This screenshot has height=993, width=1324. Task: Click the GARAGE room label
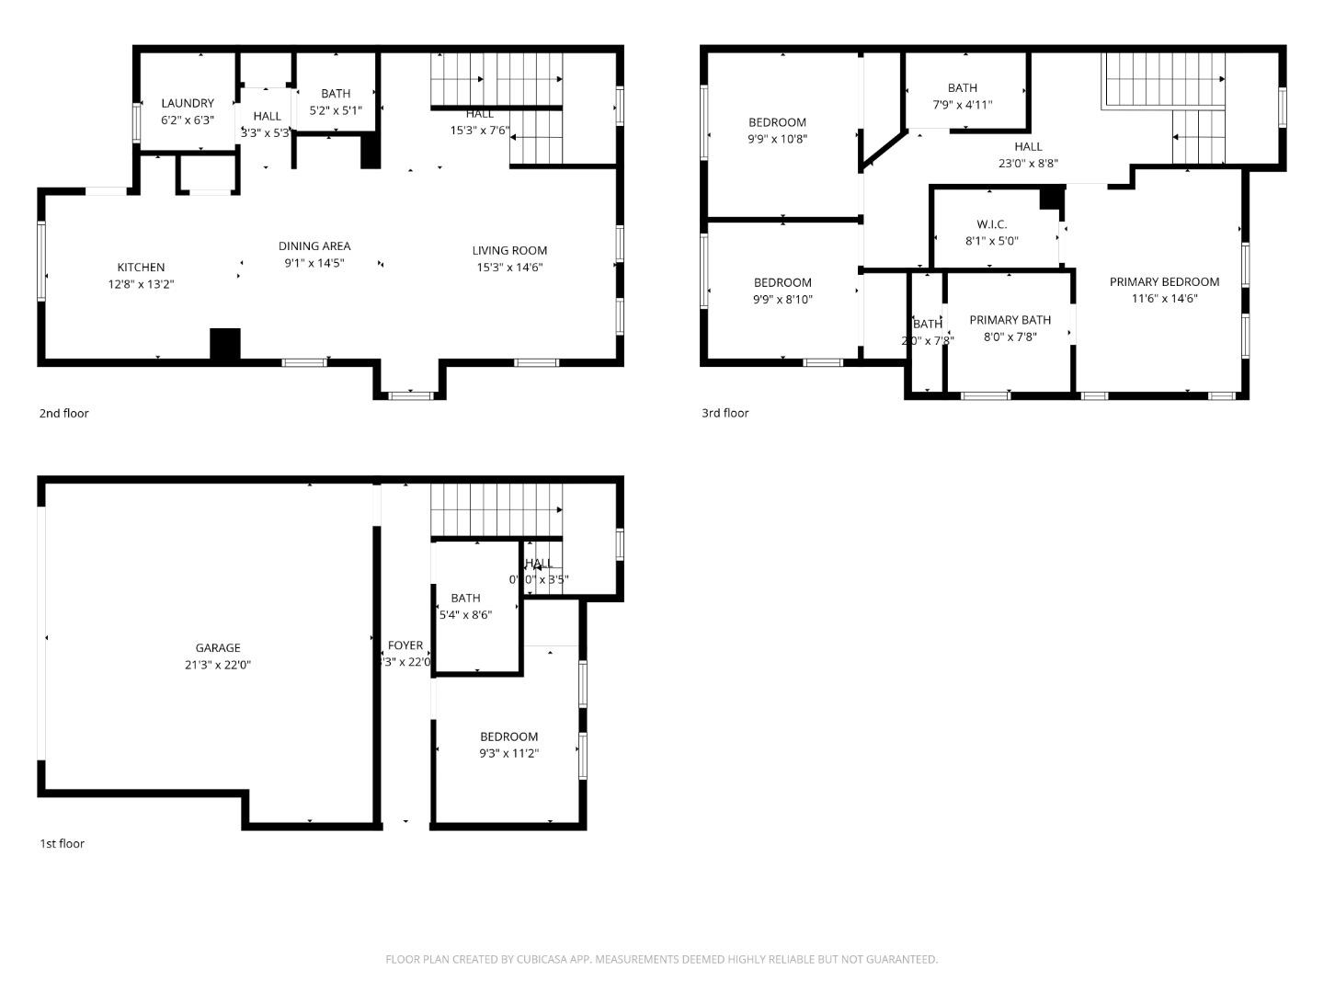[x=218, y=647]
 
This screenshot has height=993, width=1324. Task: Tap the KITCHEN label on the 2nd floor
[x=141, y=268]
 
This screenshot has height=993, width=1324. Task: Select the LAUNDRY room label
[x=188, y=103]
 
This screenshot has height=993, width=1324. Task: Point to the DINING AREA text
[x=314, y=245]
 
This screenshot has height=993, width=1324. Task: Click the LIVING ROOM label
[x=509, y=250]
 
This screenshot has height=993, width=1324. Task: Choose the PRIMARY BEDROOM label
[x=1164, y=281]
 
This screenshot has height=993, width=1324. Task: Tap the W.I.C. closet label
[x=991, y=224]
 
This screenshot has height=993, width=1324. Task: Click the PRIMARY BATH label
[x=1010, y=320]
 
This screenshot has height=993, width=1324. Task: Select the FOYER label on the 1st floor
[x=405, y=645]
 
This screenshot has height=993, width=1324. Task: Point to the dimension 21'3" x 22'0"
[x=218, y=665]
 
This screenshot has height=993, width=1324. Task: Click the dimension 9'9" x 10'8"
[x=777, y=139]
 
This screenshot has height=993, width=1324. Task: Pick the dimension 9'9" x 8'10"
[x=782, y=299]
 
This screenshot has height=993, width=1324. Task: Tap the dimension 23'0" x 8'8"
[x=1028, y=163]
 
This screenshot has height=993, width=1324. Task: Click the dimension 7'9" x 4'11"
[x=962, y=105]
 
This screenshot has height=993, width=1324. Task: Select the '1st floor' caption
[x=62, y=843]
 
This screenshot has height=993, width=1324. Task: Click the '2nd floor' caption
[x=63, y=413]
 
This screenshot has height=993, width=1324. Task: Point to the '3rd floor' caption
[x=725, y=413]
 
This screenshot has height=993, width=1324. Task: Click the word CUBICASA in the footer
[x=554, y=959]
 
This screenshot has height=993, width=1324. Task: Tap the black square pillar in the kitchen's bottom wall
[x=224, y=344]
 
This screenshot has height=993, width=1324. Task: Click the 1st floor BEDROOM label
[x=508, y=736]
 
